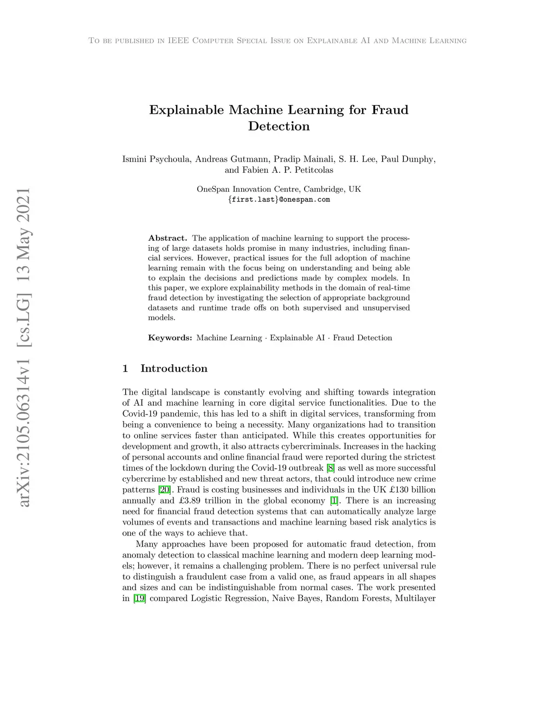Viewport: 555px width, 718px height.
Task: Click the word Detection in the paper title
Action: click(x=279, y=126)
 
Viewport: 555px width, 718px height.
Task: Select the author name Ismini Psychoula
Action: click(x=156, y=159)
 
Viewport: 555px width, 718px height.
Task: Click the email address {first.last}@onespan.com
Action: click(x=279, y=199)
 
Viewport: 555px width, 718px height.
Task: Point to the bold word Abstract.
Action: click(x=167, y=238)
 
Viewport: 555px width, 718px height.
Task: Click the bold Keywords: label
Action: click(x=170, y=338)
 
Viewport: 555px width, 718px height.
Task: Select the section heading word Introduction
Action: click(x=174, y=368)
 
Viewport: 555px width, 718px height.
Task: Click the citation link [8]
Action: click(x=331, y=468)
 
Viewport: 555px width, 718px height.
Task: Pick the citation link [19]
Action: click(x=140, y=598)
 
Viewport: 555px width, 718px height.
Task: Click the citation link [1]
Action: click(x=334, y=501)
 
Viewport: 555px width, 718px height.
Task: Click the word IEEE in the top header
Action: click(x=178, y=41)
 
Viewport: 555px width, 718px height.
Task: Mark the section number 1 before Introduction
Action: click(x=125, y=368)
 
